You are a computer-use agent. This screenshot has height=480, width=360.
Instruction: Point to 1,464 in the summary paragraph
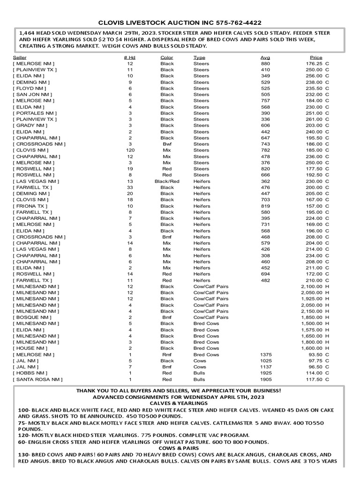click(27, 33)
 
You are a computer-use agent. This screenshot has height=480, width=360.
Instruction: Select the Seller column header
click(19, 58)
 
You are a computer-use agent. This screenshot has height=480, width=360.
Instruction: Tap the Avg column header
click(265, 58)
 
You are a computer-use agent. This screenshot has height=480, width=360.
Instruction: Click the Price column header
click(316, 58)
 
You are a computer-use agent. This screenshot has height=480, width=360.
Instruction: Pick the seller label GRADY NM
click(31, 126)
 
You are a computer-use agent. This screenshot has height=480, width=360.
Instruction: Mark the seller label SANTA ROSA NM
click(37, 379)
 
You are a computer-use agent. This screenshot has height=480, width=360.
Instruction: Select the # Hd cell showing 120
click(130, 150)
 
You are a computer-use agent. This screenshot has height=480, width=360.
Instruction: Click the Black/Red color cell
click(167, 181)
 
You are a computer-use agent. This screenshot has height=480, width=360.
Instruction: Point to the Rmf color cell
click(167, 354)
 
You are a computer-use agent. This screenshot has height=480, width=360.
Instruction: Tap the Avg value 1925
click(265, 373)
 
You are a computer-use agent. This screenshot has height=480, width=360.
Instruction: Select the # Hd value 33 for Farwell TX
click(130, 187)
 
